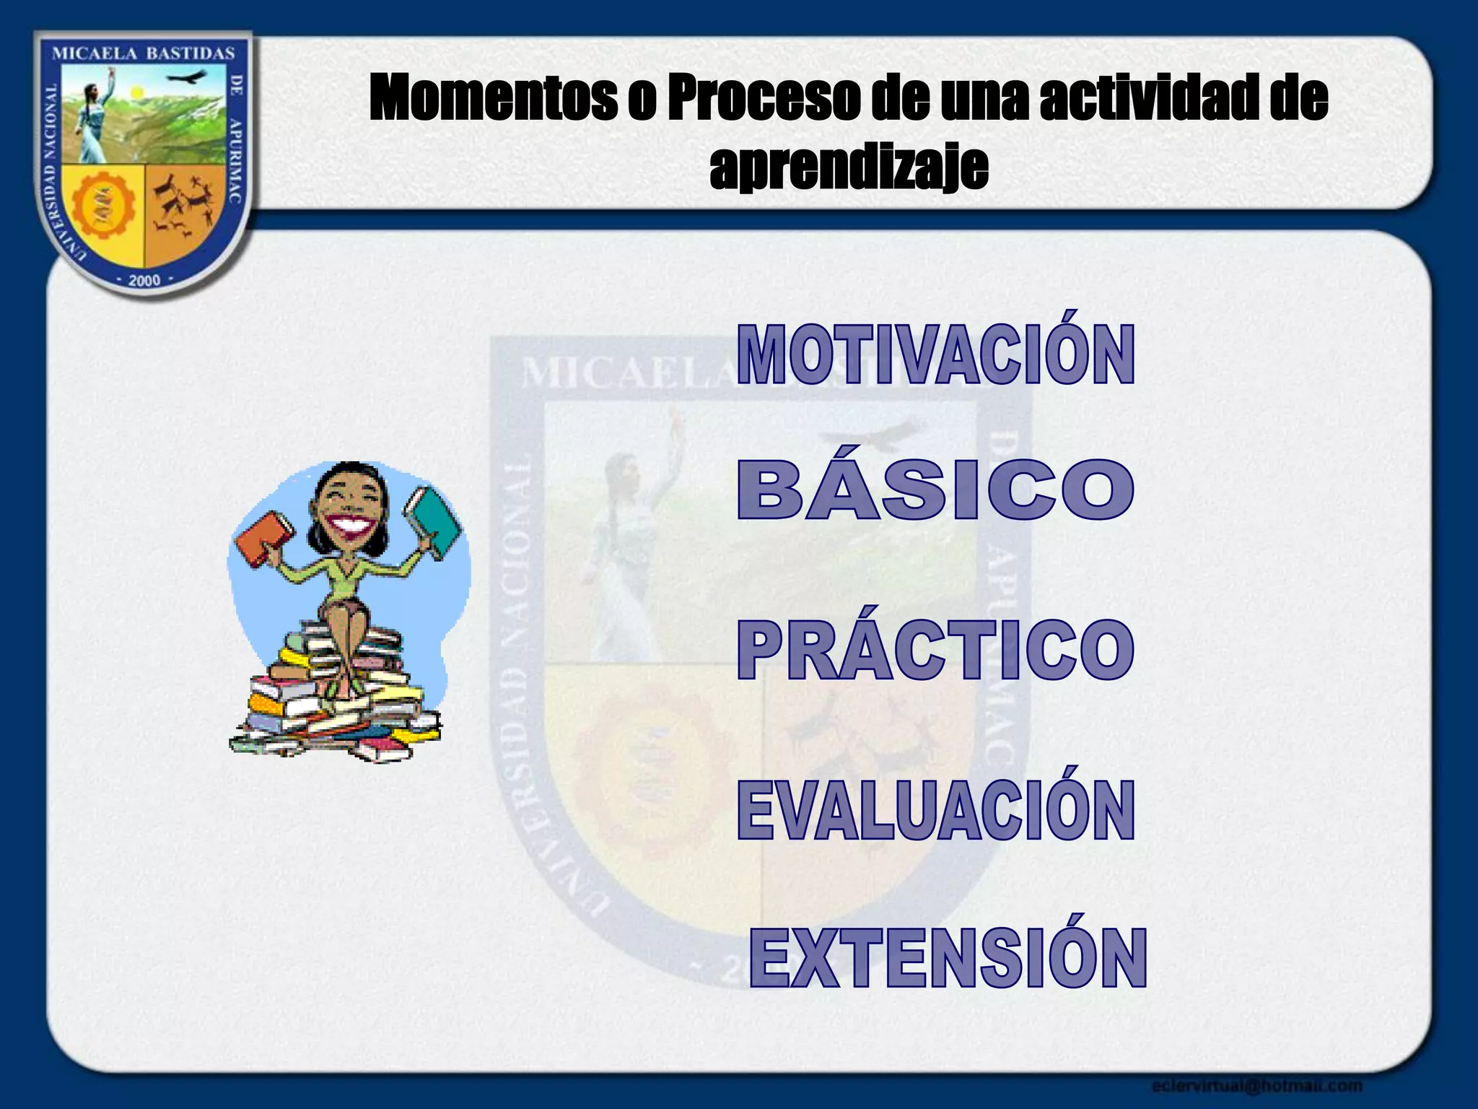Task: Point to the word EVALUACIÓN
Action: click(935, 810)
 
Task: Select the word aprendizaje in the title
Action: click(849, 168)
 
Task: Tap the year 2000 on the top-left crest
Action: click(144, 280)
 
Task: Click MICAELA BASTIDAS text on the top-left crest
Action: click(144, 53)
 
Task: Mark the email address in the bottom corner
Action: click(1256, 1085)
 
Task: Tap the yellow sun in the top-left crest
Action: click(136, 92)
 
